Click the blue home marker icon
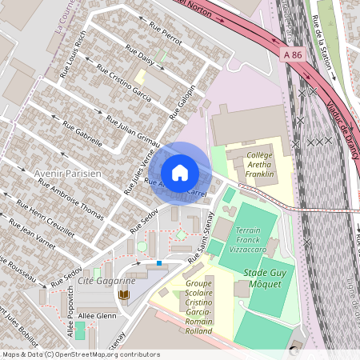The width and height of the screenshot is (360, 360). pos(180,172)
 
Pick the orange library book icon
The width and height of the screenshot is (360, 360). pos(122,295)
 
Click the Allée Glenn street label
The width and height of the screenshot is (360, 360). pos(97,316)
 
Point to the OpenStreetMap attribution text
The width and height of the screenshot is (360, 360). pos(80,354)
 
